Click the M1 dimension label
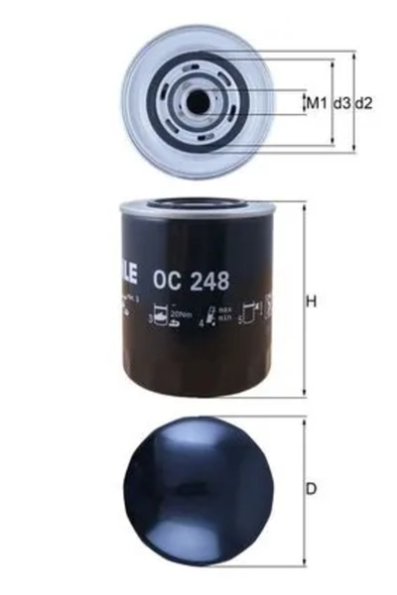point(316,102)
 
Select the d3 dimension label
point(341,102)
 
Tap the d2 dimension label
point(364,102)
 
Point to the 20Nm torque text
point(180,313)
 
